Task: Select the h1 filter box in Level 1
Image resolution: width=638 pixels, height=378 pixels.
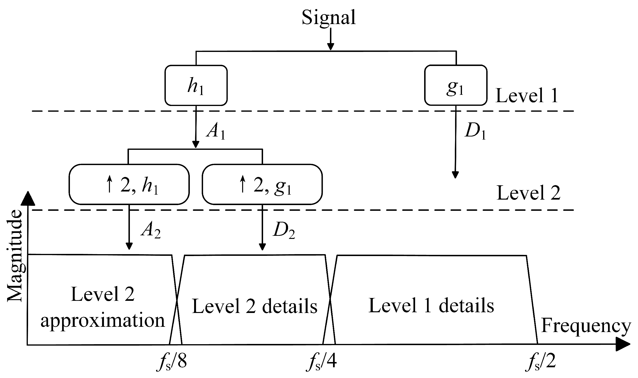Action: click(196, 86)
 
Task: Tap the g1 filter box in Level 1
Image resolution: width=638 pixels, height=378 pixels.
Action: click(456, 86)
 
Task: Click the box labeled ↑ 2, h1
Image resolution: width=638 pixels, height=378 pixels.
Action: click(129, 184)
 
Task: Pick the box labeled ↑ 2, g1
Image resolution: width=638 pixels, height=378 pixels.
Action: click(262, 184)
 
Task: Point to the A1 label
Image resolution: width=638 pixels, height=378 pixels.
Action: click(216, 132)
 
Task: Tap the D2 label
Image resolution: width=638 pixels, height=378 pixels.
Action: click(284, 231)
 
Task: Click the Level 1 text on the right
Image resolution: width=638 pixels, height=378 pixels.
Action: click(527, 96)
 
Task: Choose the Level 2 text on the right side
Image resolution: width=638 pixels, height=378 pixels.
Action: click(528, 193)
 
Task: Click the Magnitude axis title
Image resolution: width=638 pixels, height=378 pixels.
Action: click(14, 256)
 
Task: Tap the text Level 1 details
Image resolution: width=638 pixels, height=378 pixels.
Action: click(431, 305)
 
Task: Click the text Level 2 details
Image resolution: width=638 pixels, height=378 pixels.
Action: click(254, 306)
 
